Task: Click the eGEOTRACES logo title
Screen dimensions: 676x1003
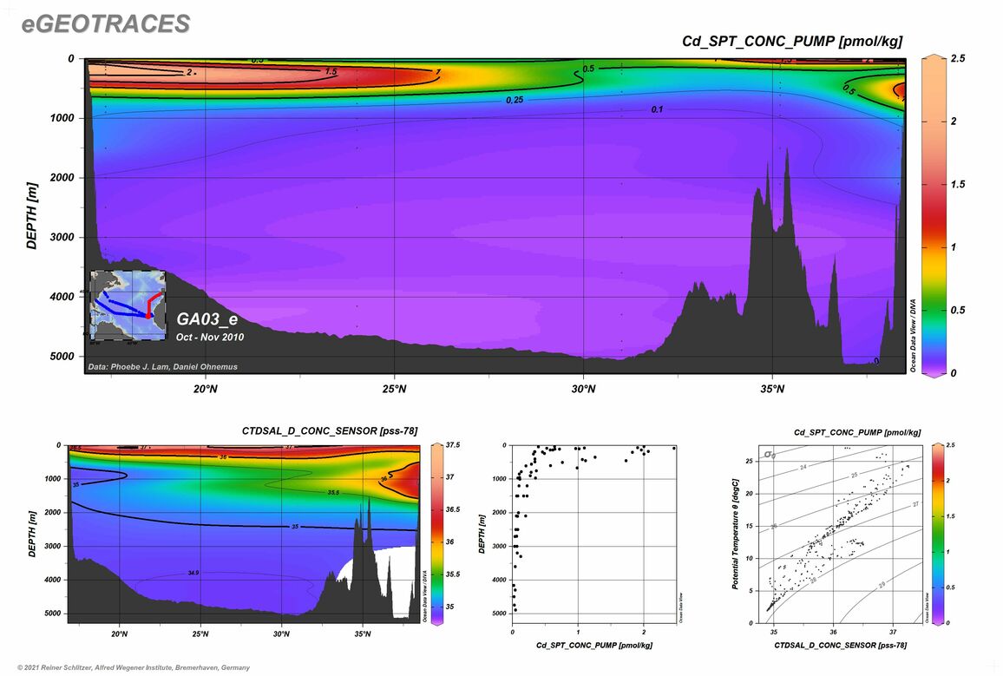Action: pos(106,24)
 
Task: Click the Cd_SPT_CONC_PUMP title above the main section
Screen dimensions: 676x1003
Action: pos(792,41)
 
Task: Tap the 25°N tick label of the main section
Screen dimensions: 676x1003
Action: pos(394,389)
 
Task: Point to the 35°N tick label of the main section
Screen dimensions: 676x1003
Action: pos(772,389)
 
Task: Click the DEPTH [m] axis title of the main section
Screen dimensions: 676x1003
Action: pos(31,215)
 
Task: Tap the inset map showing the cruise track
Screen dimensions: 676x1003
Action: pos(128,305)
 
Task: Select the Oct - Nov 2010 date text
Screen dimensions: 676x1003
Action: pos(210,337)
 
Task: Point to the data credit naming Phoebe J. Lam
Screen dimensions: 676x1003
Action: pos(162,367)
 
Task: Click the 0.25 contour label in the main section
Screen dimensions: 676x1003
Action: pos(515,101)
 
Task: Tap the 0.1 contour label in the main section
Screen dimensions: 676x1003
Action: pos(657,109)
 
